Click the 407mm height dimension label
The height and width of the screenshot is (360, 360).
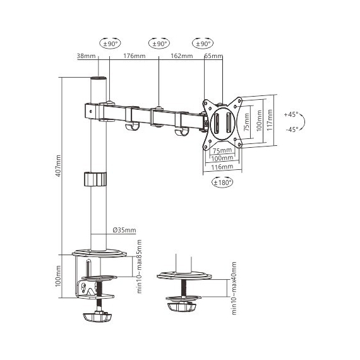[59, 165]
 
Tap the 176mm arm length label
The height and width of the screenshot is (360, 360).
[135, 56]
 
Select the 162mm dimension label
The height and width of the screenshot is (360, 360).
[182, 56]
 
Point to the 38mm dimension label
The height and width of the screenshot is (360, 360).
[86, 56]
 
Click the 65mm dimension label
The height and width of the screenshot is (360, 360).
[213, 56]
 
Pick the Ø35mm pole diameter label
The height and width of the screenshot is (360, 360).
[124, 230]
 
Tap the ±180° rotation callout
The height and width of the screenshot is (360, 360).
[222, 183]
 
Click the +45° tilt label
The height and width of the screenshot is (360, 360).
[291, 114]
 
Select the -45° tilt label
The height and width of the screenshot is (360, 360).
[292, 129]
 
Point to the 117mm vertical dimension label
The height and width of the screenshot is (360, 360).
[270, 120]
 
